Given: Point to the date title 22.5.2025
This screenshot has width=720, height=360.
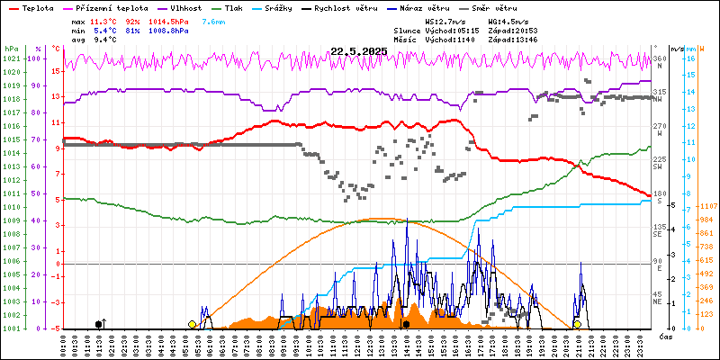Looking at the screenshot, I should pyautogui.click(x=358, y=52).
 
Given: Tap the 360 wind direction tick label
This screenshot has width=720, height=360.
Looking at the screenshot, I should pyautogui.click(x=659, y=58).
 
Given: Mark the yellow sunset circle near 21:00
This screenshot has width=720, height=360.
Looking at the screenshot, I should pyautogui.click(x=577, y=324).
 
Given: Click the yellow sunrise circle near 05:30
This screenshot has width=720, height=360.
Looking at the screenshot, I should pyautogui.click(x=192, y=324).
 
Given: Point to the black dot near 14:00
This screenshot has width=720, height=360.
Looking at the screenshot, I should pyautogui.click(x=407, y=324).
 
